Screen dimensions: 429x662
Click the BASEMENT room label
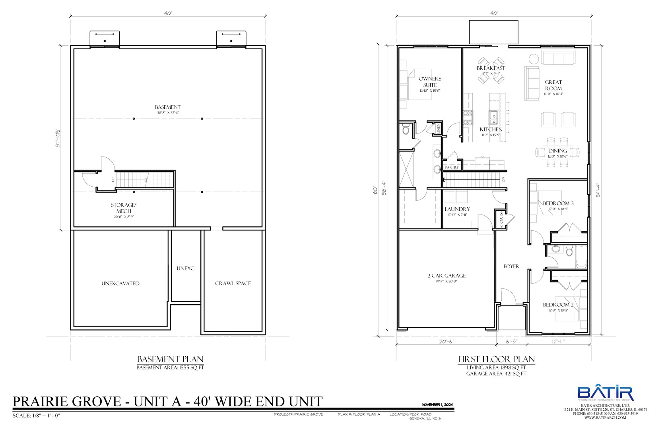167,107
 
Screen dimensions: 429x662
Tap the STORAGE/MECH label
123,208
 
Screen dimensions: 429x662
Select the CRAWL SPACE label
233,283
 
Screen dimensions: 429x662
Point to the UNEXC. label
186,269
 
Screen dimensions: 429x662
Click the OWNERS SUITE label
430,82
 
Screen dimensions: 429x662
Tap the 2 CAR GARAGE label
447,276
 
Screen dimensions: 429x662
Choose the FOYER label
511,267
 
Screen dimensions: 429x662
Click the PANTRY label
452,168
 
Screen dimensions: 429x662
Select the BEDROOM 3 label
558,203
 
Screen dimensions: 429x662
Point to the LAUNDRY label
457,209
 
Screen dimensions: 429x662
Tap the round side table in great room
533,59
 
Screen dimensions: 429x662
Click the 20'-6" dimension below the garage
447,341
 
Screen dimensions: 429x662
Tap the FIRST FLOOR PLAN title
496,359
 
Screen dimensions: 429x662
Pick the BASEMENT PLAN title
170,359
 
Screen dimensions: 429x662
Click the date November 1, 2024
437,405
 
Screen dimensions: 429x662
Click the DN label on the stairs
503,180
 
